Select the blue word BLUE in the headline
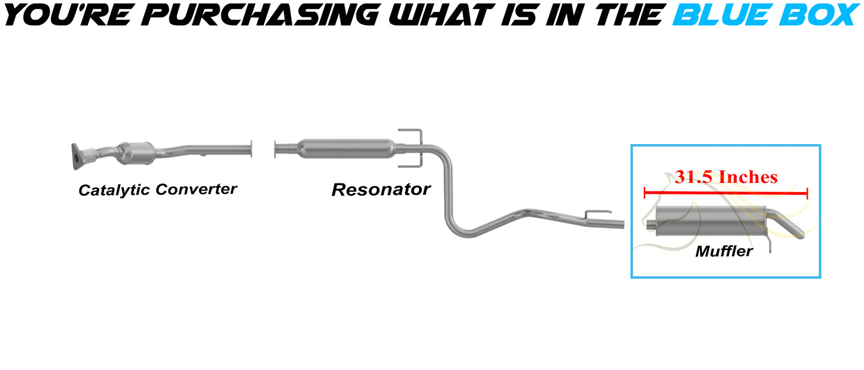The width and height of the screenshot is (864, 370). click(x=718, y=14)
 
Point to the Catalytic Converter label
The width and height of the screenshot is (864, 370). click(x=158, y=189)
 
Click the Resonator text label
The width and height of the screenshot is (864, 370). click(x=381, y=189)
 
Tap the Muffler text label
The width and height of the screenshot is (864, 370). click(x=723, y=251)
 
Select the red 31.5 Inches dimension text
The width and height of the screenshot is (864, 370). click(x=726, y=177)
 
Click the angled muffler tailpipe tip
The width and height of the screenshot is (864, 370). click(x=792, y=227)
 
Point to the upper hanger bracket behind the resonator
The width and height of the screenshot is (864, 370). click(x=411, y=132)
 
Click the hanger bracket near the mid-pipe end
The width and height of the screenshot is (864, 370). click(x=597, y=213)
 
